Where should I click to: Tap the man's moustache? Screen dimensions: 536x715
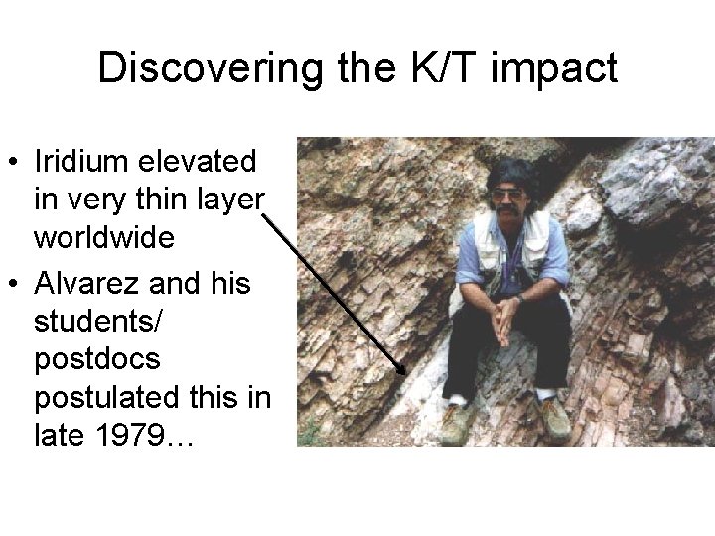510,205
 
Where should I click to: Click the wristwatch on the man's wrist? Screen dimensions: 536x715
519,298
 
